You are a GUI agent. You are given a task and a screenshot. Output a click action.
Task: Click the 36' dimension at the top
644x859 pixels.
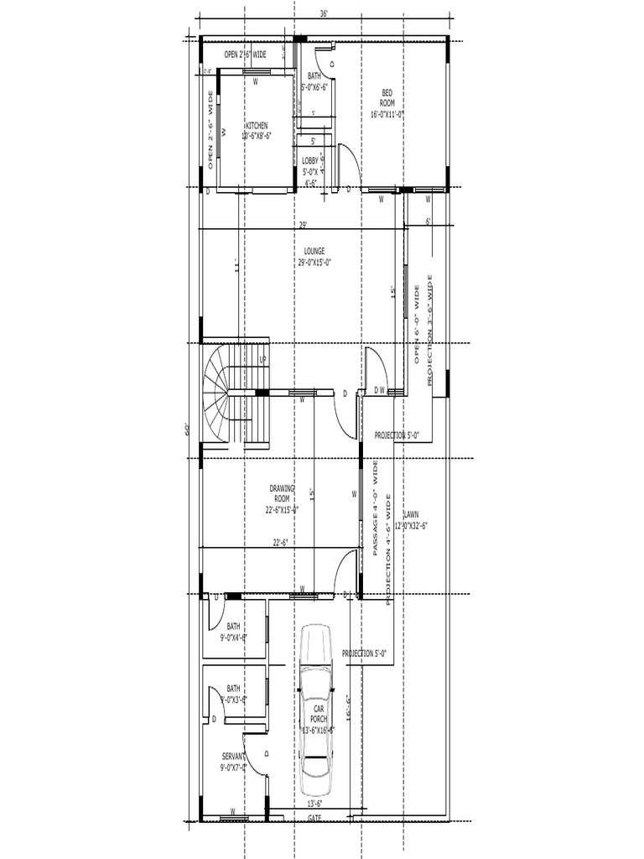(324, 14)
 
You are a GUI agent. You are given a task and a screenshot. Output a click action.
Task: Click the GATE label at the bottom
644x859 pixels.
(314, 817)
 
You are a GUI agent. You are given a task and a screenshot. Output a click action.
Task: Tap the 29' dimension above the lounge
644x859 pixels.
(303, 224)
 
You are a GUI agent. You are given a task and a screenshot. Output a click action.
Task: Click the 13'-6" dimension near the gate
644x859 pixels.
(314, 804)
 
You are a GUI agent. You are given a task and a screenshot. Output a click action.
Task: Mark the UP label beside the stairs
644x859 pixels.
(262, 360)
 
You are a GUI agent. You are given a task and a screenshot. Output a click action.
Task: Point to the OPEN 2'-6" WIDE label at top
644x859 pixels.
(246, 55)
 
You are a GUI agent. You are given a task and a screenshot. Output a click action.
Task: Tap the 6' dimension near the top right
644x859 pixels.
(428, 221)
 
